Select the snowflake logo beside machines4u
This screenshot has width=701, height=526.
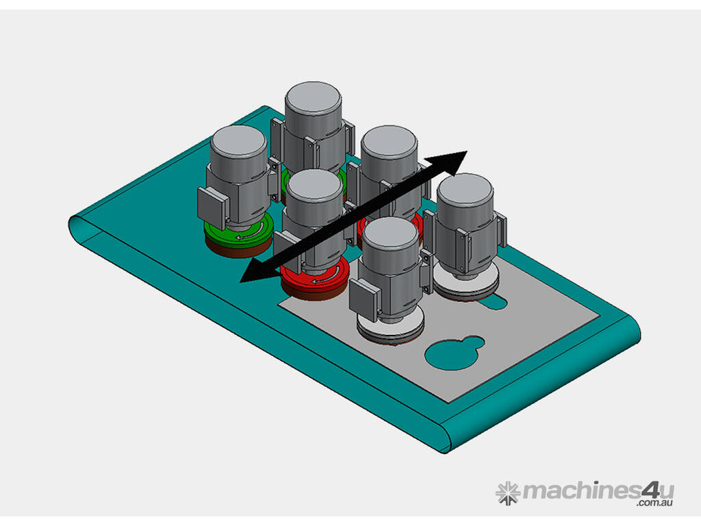pos(508,492)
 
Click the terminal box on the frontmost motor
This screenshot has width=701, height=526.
pos(364,301)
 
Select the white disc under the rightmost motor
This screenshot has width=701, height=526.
pos(466,288)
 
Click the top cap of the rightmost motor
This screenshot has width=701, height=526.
pos(465,189)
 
